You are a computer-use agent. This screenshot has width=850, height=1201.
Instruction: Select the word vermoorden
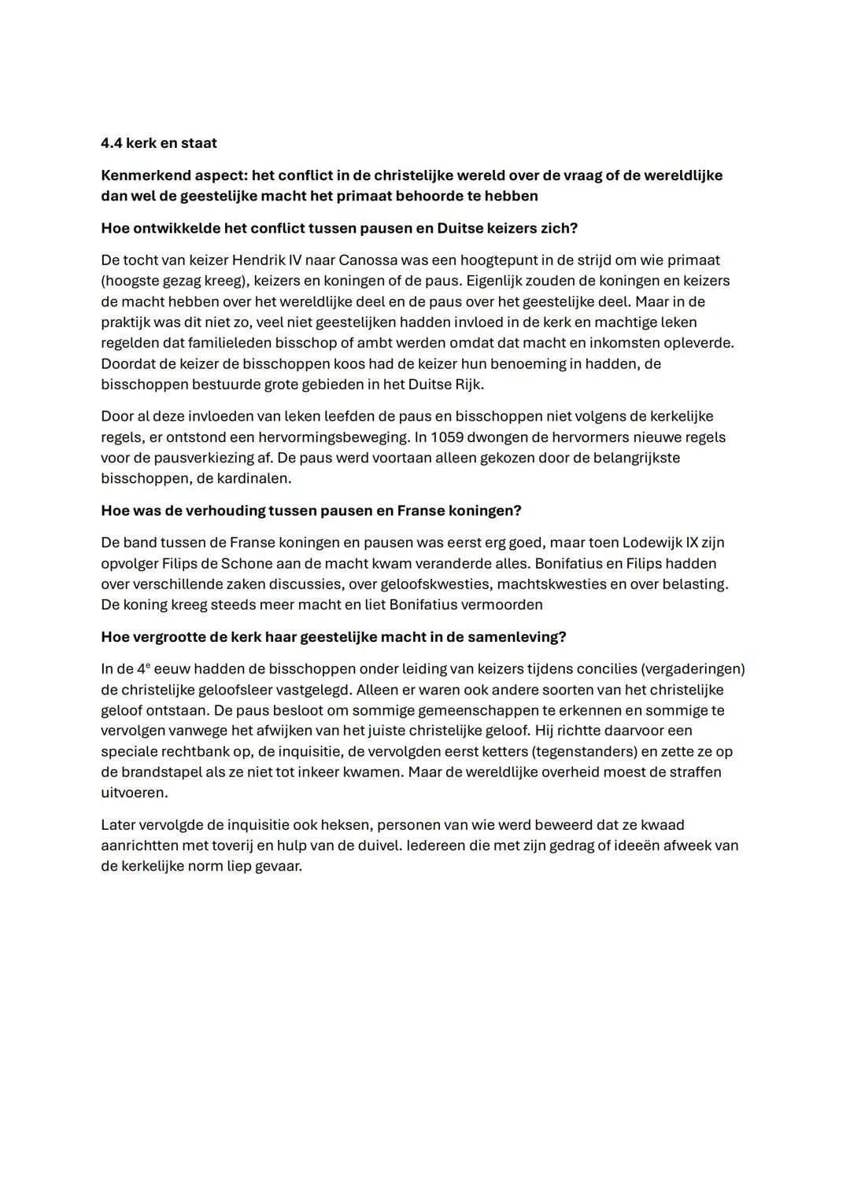(503, 605)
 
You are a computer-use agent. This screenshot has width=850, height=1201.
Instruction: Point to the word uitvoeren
(134, 792)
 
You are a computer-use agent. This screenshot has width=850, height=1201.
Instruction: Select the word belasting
(697, 584)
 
